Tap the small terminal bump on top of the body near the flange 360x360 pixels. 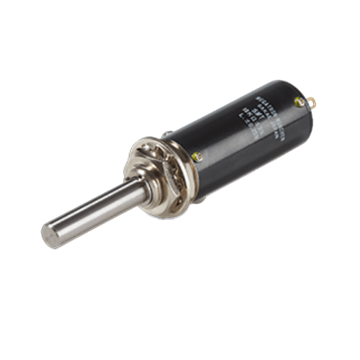point(167,134)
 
